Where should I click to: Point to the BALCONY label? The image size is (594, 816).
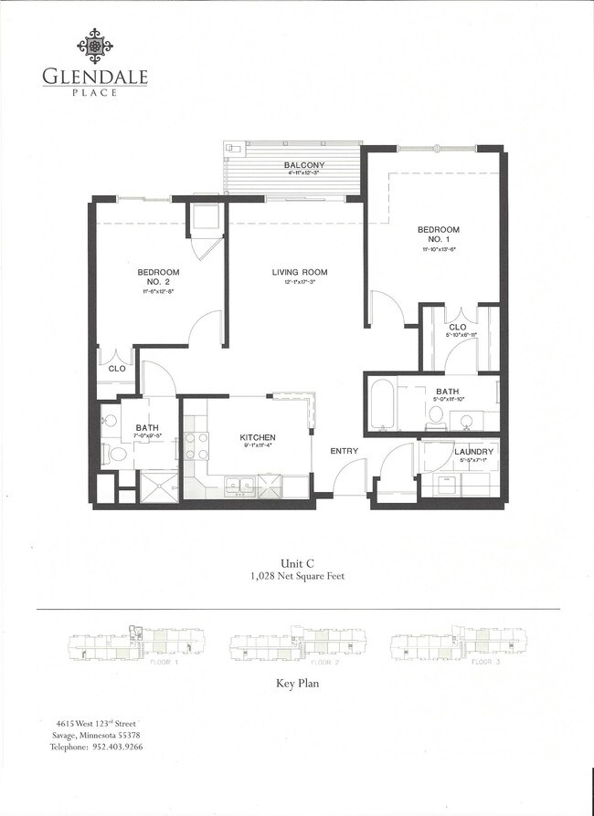304,165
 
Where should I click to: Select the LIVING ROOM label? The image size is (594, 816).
299,272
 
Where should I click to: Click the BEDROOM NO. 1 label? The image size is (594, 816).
438,235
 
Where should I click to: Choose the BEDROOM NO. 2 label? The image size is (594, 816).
158,277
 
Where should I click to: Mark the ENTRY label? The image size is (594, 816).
345,451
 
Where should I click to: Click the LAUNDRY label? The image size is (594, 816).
473,452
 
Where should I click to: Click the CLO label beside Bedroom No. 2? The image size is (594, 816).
117,369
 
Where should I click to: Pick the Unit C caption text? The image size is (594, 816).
297,563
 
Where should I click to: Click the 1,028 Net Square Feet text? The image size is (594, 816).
297,577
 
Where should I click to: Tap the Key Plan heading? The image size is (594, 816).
297,683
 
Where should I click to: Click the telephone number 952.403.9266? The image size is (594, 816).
116,747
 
